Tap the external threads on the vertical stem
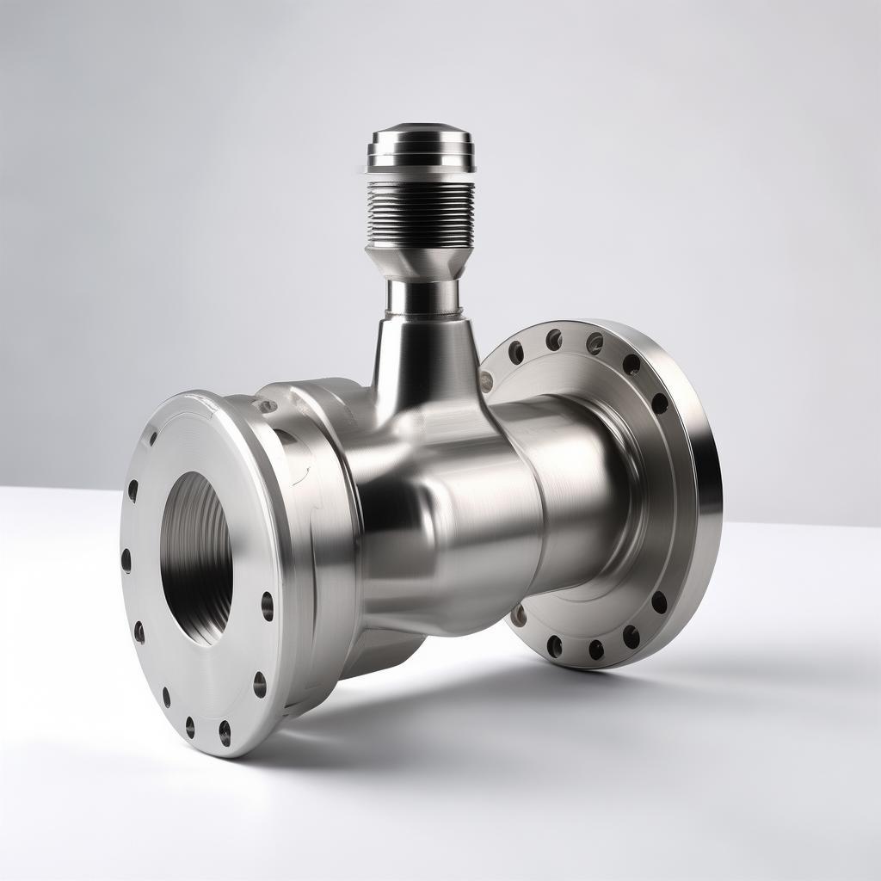(421, 212)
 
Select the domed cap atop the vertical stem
(421, 138)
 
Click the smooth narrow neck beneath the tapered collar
(422, 297)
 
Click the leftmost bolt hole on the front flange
(126, 560)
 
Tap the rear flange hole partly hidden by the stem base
(487, 381)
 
